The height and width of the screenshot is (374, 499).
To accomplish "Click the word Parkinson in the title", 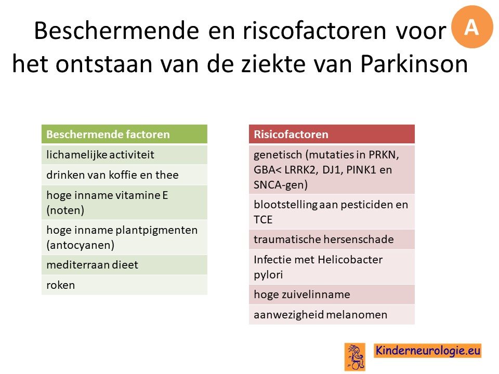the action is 414,64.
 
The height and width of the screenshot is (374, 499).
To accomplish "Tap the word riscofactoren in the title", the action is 314,31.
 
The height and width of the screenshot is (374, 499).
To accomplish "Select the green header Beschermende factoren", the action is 124,134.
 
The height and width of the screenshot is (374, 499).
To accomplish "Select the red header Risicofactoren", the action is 332,134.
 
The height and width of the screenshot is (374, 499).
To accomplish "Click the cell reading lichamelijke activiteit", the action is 124,155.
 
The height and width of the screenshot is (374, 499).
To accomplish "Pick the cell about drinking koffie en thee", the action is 124,175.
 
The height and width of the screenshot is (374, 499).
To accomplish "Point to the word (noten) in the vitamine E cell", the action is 65,210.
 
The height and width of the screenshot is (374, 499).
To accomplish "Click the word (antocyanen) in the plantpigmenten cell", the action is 80,245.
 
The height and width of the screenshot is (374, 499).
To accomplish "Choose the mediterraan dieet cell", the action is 124,265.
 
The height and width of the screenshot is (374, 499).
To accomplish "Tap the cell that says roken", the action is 124,285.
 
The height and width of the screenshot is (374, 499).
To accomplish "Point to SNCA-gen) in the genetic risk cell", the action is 280,185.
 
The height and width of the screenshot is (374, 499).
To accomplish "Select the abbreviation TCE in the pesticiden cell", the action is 263,220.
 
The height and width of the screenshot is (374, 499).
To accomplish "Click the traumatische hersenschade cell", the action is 332,239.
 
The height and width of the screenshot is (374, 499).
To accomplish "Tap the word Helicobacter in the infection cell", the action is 350,260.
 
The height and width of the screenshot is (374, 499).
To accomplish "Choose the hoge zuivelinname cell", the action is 332,295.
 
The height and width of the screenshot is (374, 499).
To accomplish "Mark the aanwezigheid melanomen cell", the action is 332,315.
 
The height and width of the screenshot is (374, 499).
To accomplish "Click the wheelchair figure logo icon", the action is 355,357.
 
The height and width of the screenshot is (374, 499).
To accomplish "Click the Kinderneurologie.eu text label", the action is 427,351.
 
